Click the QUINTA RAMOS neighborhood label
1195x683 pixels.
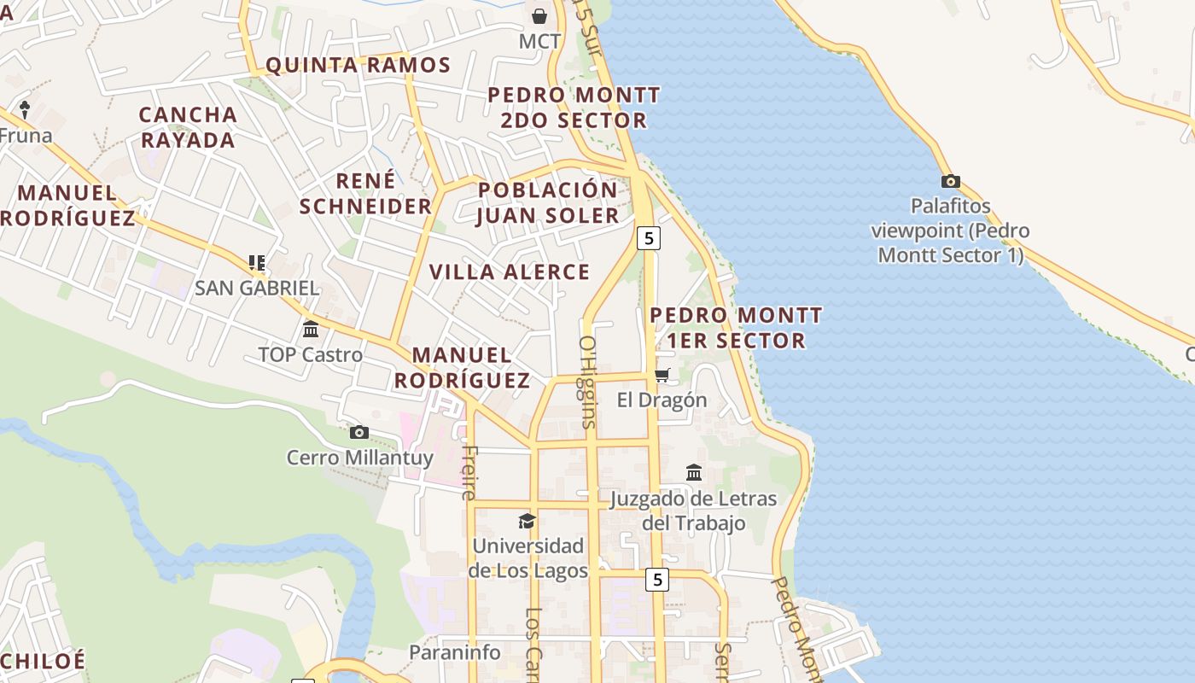click(358, 65)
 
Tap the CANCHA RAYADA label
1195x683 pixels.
click(188, 127)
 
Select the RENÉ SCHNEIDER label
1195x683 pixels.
click(365, 194)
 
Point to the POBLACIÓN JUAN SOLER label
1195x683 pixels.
click(547, 202)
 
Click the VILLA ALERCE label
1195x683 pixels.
click(510, 272)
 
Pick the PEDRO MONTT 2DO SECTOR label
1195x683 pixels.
click(574, 108)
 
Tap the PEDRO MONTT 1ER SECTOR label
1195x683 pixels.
click(736, 328)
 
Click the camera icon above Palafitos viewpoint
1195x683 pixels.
click(950, 181)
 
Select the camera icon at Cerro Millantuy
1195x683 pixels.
click(359, 432)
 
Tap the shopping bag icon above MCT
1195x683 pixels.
click(539, 15)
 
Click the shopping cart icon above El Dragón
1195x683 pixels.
click(662, 375)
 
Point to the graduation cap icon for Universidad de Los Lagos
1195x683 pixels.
click(528, 521)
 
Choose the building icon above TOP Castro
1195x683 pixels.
click(311, 329)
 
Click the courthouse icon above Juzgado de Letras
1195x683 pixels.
click(694, 472)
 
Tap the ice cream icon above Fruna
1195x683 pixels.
click(25, 109)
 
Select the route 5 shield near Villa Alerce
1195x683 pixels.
click(649, 238)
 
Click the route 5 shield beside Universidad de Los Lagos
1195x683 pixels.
click(656, 580)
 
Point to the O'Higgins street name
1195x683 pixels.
click(587, 381)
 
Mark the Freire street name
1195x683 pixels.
click(469, 472)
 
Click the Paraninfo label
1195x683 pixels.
click(455, 652)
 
